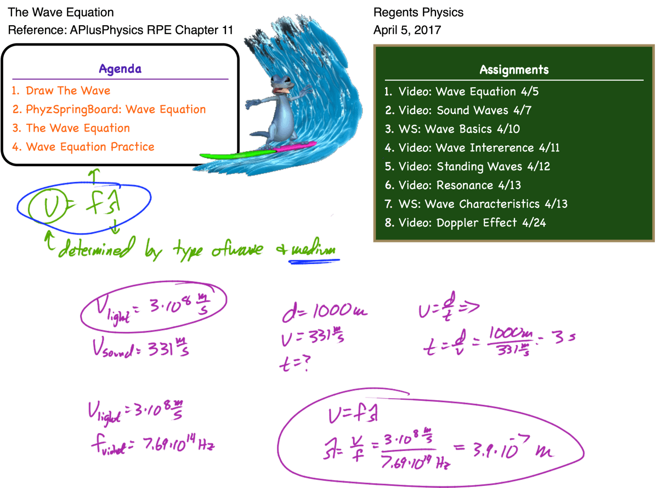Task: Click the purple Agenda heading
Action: [x=120, y=69]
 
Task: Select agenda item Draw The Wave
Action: [x=68, y=91]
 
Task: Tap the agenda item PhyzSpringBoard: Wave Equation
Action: [x=116, y=110]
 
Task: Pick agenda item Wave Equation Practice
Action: [x=90, y=147]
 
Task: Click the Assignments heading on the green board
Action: [x=514, y=70]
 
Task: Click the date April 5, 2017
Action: [x=406, y=30]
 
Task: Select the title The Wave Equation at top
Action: [x=61, y=12]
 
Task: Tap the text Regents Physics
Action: [x=418, y=12]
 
